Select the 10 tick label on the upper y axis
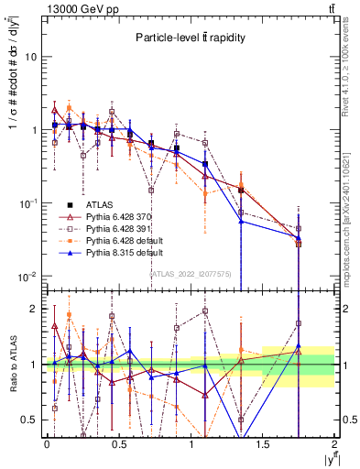click(30, 57)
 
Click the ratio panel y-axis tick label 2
click(35, 309)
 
